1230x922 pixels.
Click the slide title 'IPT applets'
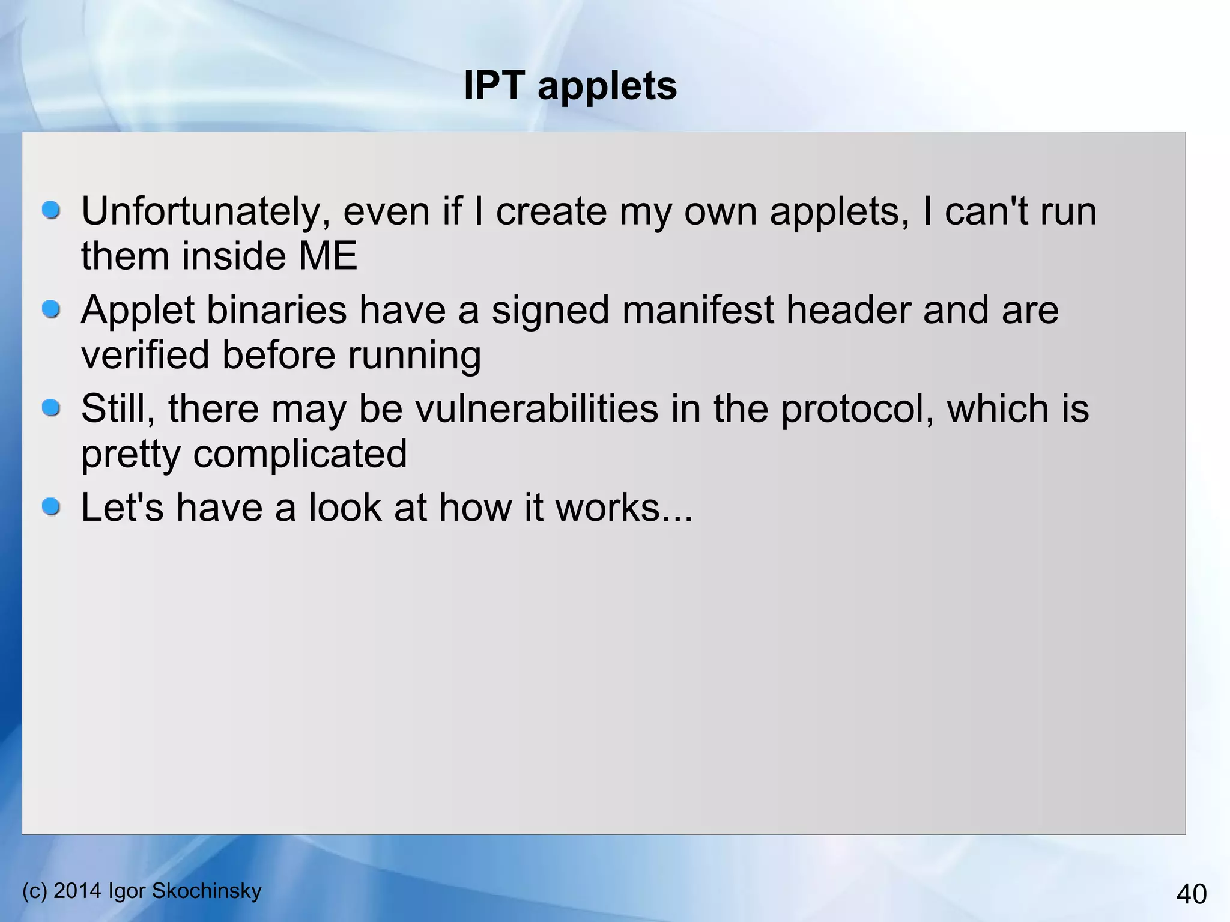coord(570,85)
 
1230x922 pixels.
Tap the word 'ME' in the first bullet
coord(328,256)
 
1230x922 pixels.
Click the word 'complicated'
coord(300,454)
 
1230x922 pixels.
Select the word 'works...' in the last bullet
coord(624,508)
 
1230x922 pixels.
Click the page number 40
coord(1191,894)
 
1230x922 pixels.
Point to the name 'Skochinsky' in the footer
coord(207,891)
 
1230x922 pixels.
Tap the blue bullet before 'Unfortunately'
coord(52,210)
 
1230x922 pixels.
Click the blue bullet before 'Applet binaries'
coord(52,309)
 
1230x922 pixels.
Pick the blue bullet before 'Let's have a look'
coord(52,507)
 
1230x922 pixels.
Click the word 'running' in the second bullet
coord(414,356)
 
